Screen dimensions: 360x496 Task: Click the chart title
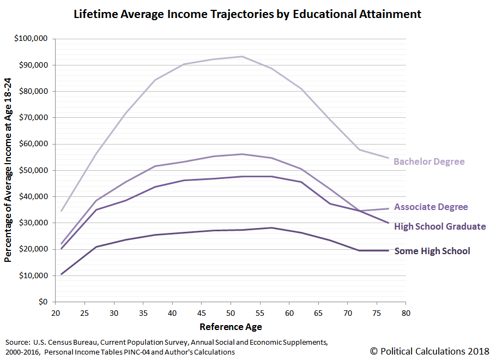tap(247, 14)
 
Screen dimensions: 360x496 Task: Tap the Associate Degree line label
tap(431, 207)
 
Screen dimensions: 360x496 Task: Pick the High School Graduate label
tap(439, 226)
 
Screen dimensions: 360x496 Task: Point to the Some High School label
tap(432, 251)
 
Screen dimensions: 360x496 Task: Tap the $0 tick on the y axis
tap(43, 302)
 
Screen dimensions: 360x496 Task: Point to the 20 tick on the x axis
tap(55, 313)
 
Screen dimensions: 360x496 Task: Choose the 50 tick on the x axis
tap(230, 313)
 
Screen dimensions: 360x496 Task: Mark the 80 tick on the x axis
tap(405, 313)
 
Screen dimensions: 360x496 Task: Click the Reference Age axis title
tap(230, 327)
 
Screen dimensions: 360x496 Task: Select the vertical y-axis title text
tap(8, 170)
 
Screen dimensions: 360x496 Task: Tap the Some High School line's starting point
tap(61, 274)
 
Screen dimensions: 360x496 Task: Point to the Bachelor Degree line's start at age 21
tap(61, 211)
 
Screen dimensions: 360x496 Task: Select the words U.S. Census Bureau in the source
tap(56, 342)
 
